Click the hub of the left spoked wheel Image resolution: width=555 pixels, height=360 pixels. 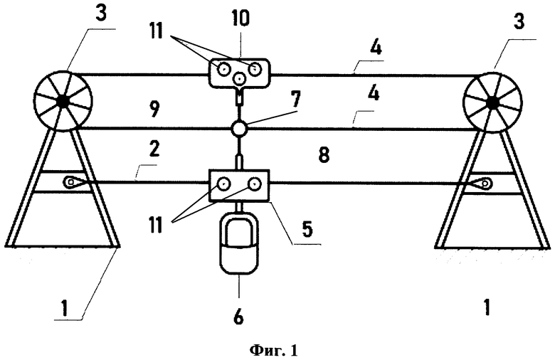(x=63, y=102)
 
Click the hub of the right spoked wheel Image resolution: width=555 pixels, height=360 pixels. (x=492, y=102)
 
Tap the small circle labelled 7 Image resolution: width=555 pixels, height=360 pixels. (x=239, y=129)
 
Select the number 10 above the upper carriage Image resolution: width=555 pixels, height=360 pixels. (x=240, y=18)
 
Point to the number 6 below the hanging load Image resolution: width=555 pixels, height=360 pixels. (x=238, y=316)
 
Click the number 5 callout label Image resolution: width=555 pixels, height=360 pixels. (x=307, y=229)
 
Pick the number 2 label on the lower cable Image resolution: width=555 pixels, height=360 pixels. (x=155, y=149)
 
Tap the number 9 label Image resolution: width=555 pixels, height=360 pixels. (x=154, y=110)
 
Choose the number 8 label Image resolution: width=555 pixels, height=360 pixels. (x=324, y=154)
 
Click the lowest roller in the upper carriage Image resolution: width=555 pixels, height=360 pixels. (x=240, y=78)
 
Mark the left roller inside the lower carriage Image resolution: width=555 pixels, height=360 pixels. (x=223, y=184)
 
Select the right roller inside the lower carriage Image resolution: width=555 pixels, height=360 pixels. (x=255, y=184)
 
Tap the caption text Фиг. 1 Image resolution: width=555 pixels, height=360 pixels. (x=274, y=351)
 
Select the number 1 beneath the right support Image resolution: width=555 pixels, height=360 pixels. (x=487, y=307)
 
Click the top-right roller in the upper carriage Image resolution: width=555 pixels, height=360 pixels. (x=255, y=69)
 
